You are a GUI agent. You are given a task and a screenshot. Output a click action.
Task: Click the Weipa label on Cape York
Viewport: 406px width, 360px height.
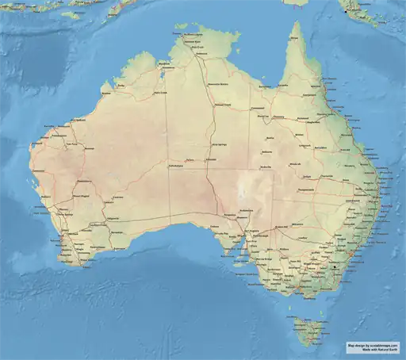click(x=295, y=40)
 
